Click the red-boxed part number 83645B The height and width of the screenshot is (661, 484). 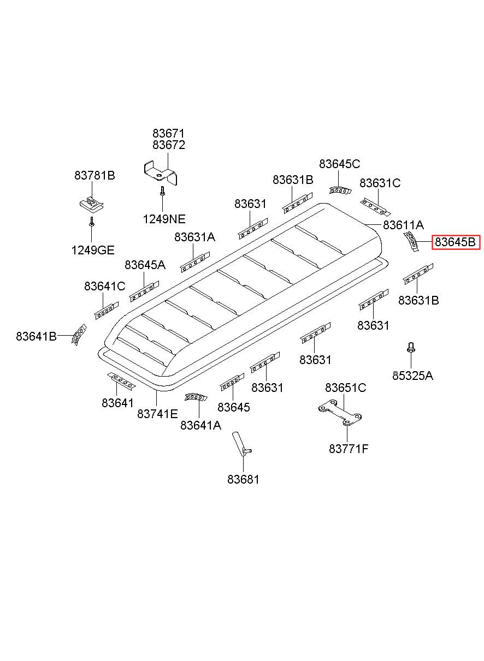[456, 242]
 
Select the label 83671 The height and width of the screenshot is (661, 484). [168, 133]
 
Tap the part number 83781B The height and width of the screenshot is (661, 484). [95, 176]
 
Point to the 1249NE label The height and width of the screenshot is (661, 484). [164, 219]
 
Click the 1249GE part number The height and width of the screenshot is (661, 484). [92, 251]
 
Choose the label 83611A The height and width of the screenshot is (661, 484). [403, 225]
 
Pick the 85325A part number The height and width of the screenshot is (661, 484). [412, 376]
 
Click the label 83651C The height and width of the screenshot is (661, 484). [345, 388]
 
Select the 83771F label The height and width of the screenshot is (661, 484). [349, 449]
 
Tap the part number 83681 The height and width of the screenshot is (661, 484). [243, 480]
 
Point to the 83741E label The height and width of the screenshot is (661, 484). [157, 414]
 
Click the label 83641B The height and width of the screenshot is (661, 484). [36, 336]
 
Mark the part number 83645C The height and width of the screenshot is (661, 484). [339, 164]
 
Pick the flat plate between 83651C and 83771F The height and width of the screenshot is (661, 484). [341, 414]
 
